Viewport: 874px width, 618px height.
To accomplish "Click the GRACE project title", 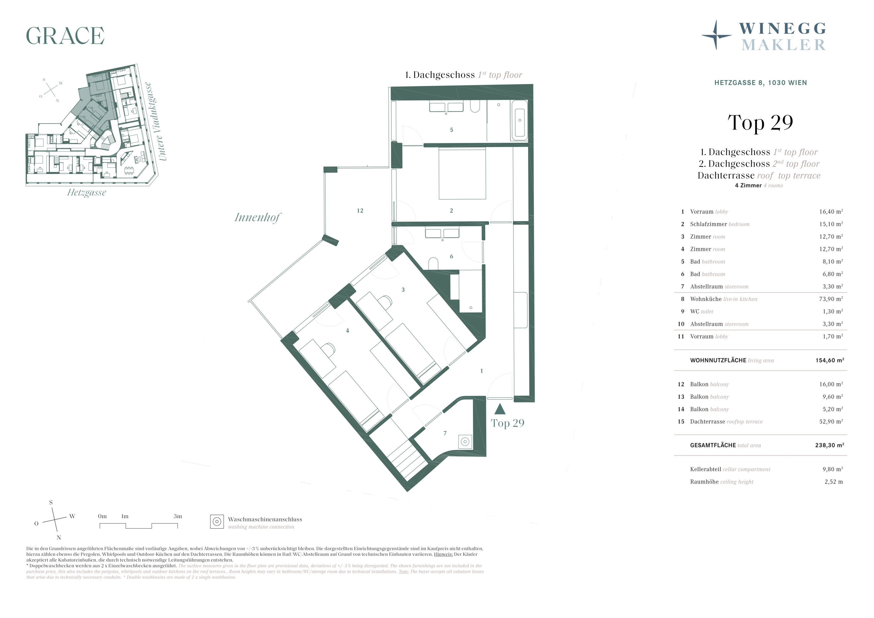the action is (x=65, y=36).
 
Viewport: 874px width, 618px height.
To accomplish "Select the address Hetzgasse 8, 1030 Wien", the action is (x=761, y=83).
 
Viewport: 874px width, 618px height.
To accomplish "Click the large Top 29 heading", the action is (x=760, y=122).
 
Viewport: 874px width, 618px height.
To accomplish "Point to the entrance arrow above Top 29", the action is (x=500, y=409).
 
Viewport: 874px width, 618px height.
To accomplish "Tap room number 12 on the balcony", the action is (x=360, y=211).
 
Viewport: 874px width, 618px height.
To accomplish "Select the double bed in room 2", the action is (x=462, y=174).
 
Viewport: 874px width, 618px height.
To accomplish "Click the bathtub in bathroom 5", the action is (x=519, y=120).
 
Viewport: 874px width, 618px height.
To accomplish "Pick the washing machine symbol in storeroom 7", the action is (x=465, y=442).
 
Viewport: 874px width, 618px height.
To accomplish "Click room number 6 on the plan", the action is (x=451, y=256).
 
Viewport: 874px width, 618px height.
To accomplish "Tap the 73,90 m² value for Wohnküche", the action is (x=831, y=299).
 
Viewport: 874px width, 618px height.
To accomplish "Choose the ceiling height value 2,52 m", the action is (x=834, y=482).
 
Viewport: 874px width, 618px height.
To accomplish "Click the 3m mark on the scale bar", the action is (x=178, y=516).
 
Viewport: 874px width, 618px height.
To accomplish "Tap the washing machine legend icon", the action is (x=217, y=522).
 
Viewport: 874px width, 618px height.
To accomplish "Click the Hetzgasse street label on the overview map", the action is (x=86, y=193).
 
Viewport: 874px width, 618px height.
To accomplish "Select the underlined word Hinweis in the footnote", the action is (x=443, y=554).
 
